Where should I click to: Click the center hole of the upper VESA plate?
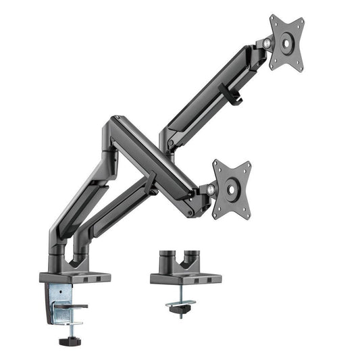tap(286, 42)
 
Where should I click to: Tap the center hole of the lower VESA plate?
tap(231, 190)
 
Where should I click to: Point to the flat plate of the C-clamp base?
tap(74, 276)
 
